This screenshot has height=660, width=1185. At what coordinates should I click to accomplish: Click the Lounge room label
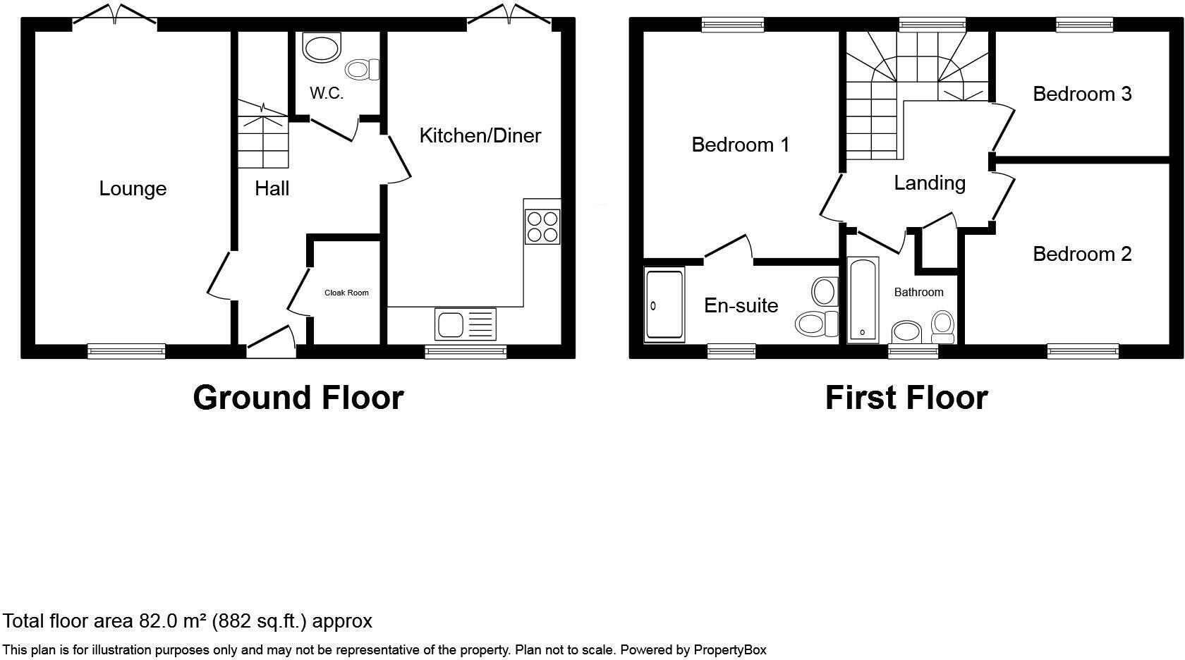pos(133,189)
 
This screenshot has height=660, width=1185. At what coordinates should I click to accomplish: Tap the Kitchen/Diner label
pos(480,135)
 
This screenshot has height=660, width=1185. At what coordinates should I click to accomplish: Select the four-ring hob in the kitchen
pos(542,226)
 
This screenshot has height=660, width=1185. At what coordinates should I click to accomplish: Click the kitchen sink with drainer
pos(466,324)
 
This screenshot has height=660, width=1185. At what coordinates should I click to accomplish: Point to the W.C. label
pos(327,94)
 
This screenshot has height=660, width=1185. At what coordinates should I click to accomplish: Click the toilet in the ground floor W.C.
pos(363,69)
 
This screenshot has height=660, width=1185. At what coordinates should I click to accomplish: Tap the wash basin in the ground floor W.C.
pos(321,48)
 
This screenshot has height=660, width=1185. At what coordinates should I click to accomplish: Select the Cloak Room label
pos(346,293)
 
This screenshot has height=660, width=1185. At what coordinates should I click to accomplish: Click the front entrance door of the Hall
pos(271,339)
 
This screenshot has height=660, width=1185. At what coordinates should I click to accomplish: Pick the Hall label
pos(272,189)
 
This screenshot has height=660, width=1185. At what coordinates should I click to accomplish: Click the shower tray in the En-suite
pos(664,305)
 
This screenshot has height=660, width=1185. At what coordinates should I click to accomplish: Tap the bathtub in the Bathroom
pos(863,300)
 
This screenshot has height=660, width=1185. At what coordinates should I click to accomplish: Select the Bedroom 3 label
pos(1082,94)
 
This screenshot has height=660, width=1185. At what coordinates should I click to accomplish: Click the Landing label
pos(930,183)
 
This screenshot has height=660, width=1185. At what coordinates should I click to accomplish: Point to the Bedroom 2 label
pos(1082,254)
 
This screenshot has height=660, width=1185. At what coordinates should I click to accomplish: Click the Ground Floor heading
pos(298,398)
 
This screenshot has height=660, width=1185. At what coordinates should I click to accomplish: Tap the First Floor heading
pos(906,398)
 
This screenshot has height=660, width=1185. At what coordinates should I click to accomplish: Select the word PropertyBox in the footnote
pos(730,650)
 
